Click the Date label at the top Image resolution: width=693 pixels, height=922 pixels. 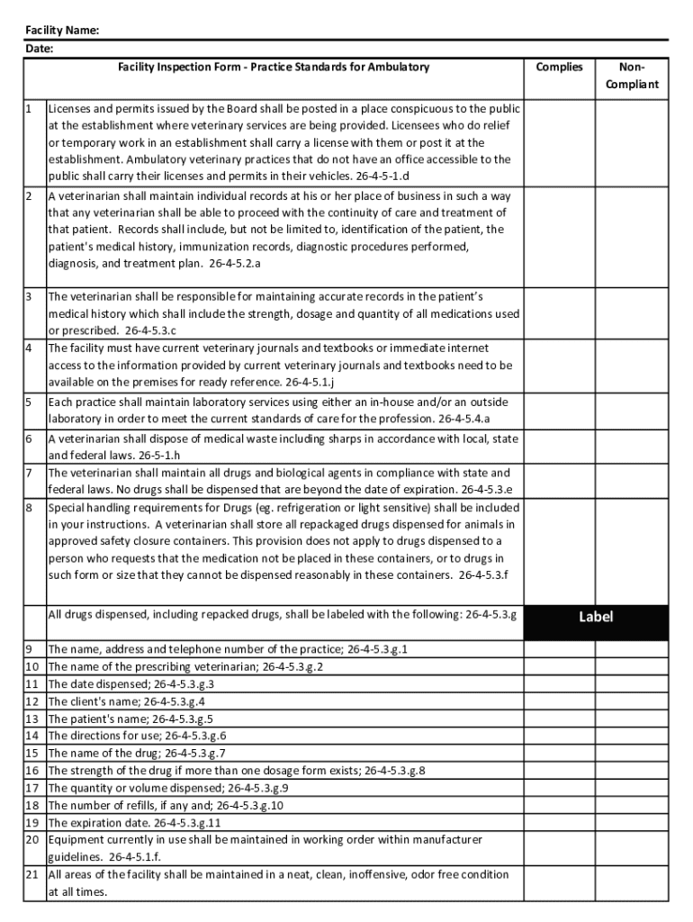(39, 49)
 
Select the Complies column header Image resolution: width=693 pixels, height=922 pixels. (559, 67)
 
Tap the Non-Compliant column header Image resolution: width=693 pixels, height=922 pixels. (631, 76)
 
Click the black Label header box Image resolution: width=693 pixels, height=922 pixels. (596, 617)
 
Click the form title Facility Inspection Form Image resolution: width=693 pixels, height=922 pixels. (274, 67)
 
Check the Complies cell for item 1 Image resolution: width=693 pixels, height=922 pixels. (559, 142)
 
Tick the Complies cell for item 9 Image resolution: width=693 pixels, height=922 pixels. (559, 649)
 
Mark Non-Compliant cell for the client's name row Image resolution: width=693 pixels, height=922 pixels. (631, 701)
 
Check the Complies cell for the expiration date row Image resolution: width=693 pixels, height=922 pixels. (559, 823)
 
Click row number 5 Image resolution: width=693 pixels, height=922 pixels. (30, 402)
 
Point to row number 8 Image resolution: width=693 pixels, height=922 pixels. (30, 507)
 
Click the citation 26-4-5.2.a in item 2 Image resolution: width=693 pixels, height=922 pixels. (235, 264)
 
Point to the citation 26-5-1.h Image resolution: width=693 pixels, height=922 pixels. (161, 456)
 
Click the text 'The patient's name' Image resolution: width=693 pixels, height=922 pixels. (97, 719)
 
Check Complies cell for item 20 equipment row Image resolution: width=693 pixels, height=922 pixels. (559, 848)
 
